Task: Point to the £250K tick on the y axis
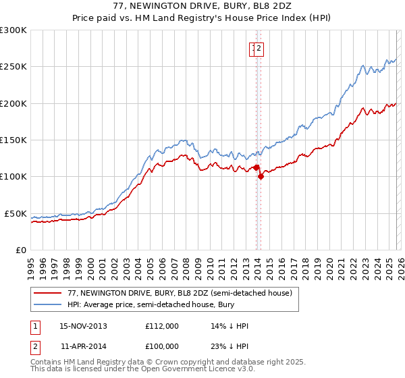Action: coord(13,67)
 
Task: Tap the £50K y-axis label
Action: coord(16,213)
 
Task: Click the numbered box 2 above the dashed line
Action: coord(260,48)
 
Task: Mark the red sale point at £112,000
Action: coord(256,167)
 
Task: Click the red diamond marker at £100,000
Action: coord(261,176)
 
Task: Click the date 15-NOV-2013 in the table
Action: coord(83,326)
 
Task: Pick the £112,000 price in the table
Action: coord(162,326)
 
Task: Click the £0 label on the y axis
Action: coord(20,250)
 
